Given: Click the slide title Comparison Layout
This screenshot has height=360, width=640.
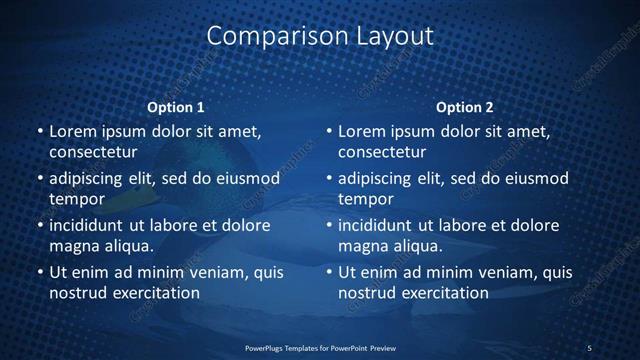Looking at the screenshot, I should [320, 36].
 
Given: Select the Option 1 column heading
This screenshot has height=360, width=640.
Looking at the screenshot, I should [176, 107].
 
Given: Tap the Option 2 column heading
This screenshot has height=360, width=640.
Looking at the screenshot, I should [465, 107].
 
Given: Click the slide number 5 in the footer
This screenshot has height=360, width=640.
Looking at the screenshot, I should [589, 347].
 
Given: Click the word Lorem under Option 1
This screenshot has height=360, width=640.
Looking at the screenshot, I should [72, 131].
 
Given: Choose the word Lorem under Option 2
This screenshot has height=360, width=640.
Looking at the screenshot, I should [361, 131].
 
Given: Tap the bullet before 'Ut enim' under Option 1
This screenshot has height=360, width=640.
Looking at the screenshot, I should [40, 272].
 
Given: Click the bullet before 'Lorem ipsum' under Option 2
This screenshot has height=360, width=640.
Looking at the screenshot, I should [329, 131].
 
